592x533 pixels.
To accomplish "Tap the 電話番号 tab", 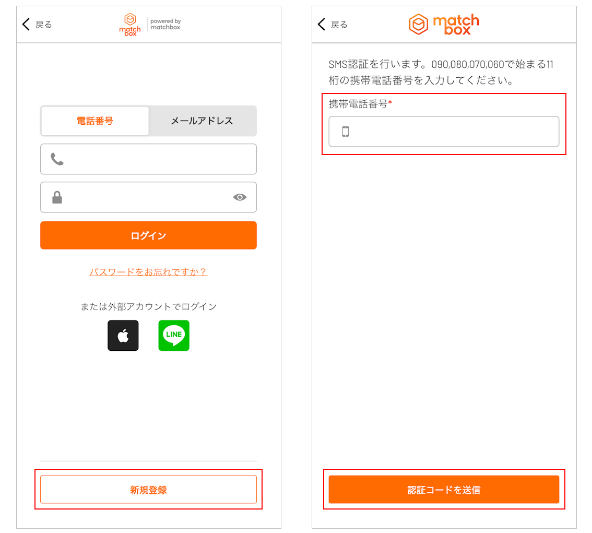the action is point(95,121).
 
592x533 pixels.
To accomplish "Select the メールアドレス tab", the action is point(202,121).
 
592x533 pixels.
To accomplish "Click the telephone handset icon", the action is point(57,159).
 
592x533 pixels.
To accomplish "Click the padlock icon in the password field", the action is point(57,197).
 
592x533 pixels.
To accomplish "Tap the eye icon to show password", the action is point(240,197).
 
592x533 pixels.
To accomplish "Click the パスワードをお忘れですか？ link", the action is point(148,272).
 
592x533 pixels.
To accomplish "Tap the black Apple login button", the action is point(123,336).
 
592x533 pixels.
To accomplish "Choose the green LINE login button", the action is point(174,336).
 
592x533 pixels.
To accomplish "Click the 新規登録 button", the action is point(148,490).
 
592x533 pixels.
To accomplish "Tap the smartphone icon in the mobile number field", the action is point(346,132).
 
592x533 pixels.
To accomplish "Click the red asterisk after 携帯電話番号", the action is point(390,102).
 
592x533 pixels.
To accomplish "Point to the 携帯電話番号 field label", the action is point(358,104).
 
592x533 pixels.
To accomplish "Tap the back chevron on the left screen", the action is point(26,24).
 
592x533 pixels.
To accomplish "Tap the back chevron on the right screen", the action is point(321,24).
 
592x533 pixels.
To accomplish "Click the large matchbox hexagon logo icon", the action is point(418,24).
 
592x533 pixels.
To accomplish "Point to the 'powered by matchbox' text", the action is point(165,24).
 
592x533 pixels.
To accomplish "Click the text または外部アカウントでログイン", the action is point(148,306).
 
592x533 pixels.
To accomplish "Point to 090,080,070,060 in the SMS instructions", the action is point(468,65).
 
